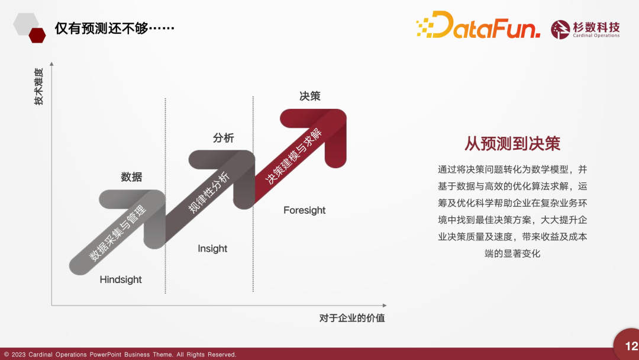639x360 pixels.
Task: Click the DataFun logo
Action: (478, 25)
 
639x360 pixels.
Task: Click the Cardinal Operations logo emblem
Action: (560, 30)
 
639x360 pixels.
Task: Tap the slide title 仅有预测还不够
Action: (115, 28)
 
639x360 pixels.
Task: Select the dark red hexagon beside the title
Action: (37, 36)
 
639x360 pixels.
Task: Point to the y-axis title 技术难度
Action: (38, 86)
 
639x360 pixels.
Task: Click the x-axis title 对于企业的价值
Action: (352, 318)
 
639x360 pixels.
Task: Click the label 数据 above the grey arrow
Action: (131, 177)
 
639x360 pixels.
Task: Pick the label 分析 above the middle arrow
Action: (223, 138)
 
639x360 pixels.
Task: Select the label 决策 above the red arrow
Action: (309, 97)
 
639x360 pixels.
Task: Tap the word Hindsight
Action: (121, 279)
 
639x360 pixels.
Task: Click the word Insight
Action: (212, 249)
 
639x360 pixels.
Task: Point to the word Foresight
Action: (305, 210)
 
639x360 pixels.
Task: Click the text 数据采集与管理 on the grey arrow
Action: (118, 233)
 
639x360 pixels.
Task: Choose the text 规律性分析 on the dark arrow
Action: (209, 192)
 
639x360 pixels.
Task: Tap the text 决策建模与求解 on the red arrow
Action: (293, 156)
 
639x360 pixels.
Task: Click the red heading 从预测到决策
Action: (512, 143)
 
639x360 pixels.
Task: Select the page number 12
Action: (631, 346)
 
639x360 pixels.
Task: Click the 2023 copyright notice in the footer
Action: (120, 355)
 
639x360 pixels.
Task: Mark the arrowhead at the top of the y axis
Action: (51, 63)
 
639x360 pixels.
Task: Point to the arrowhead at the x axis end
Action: (385, 305)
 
